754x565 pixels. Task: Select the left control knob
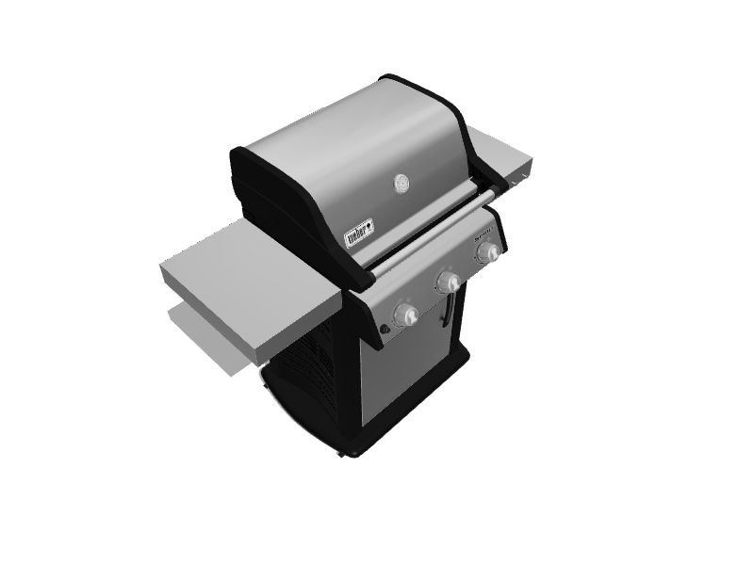pos(407,314)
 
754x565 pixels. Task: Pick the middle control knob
pos(449,282)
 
